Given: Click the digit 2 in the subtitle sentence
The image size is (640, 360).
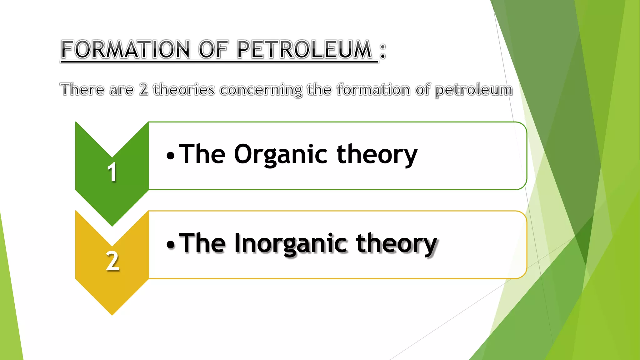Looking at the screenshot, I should (143, 89).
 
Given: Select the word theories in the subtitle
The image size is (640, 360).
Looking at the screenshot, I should (184, 90).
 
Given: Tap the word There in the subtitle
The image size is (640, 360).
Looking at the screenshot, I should (82, 89).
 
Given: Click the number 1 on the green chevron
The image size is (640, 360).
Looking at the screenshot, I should (112, 172).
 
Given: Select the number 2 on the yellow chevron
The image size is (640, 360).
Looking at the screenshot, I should (112, 261).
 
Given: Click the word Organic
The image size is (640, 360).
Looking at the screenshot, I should (281, 154).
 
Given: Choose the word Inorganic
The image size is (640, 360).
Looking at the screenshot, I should (291, 243).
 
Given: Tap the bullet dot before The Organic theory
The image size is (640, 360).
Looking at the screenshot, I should (170, 155).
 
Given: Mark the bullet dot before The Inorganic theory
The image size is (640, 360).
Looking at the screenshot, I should (170, 244).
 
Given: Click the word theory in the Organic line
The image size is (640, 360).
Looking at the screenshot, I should (377, 154).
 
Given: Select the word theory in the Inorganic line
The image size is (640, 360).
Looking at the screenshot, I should (396, 243).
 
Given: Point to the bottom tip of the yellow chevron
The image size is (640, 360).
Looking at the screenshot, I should (112, 314).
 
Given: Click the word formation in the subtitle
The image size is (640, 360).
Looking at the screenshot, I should (373, 90).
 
